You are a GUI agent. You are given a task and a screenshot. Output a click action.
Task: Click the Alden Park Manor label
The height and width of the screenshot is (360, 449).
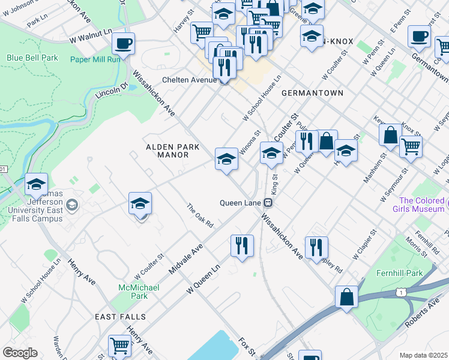pyautogui.click(x=167, y=151)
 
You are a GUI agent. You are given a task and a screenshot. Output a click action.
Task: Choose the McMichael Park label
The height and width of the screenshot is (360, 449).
pyautogui.click(x=138, y=292)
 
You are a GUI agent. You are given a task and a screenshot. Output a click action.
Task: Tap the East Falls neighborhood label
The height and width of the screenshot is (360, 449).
pyautogui.click(x=120, y=316)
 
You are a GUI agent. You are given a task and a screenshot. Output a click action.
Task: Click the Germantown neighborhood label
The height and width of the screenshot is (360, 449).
pyautogui.click(x=312, y=93)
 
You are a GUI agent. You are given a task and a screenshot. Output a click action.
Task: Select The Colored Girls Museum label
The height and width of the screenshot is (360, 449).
pyautogui.click(x=422, y=205)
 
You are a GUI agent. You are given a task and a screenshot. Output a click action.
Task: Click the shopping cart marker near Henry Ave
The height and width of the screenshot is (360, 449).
pyautogui.click(x=119, y=346)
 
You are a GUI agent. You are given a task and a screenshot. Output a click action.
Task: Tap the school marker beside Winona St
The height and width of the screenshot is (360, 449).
pyautogui.click(x=226, y=158)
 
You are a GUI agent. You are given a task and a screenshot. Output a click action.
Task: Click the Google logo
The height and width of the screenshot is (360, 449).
pyautogui.click(x=20, y=353)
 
